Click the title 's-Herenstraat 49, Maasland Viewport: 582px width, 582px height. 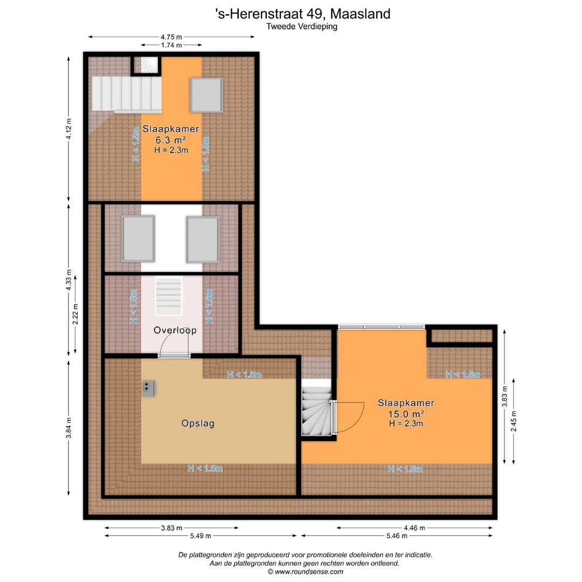(302, 13)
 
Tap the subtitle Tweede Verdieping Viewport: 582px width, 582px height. (302, 26)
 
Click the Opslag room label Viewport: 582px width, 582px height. (198, 424)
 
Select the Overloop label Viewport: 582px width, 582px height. (175, 330)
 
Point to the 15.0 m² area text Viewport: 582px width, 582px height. (406, 413)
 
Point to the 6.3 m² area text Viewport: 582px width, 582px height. (171, 140)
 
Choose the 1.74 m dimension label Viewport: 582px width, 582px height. (171, 46)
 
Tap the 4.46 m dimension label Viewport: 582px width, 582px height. (414, 528)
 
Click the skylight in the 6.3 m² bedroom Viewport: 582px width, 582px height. (206, 95)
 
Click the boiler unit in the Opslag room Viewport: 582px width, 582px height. (149, 388)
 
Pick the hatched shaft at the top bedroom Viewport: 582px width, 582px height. (146, 65)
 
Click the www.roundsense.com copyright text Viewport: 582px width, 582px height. (305, 572)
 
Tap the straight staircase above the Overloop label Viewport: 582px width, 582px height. (169, 296)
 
